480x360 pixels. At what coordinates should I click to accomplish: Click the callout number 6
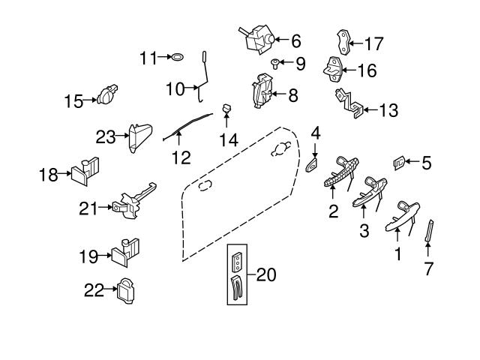[x=295, y=40]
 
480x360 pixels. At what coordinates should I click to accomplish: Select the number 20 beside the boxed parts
[x=265, y=275]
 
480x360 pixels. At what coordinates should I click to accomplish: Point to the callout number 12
[x=181, y=157]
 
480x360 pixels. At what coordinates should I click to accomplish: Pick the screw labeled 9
[x=275, y=64]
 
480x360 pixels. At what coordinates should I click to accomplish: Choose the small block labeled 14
[x=223, y=111]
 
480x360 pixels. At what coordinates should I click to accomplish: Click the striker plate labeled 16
[x=334, y=70]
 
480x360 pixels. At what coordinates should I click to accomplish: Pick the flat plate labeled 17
[x=343, y=39]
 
